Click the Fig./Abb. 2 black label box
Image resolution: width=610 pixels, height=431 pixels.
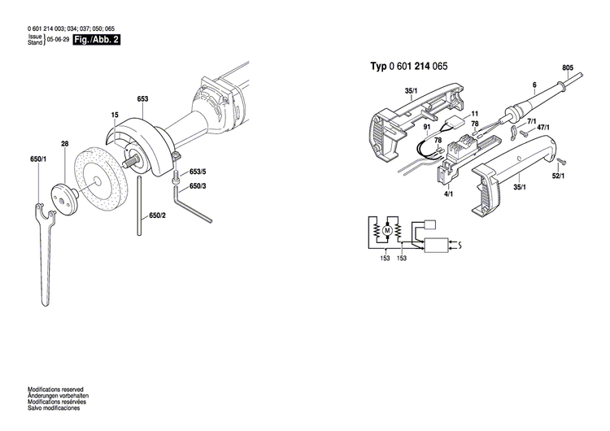(x=96, y=39)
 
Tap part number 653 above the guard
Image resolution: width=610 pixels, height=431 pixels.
(x=142, y=99)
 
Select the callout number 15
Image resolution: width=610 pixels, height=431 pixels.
(x=115, y=115)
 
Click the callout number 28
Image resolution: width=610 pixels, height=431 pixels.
(x=64, y=145)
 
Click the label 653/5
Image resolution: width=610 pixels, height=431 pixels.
(x=198, y=172)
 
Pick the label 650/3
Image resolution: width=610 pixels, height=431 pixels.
(x=198, y=186)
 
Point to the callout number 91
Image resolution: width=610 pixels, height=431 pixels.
(x=426, y=128)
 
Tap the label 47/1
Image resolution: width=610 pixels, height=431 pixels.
(x=542, y=128)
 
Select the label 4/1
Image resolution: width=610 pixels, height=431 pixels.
(x=448, y=194)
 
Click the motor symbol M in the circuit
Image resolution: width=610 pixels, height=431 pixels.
(x=388, y=233)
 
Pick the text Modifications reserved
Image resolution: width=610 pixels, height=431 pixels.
(x=55, y=390)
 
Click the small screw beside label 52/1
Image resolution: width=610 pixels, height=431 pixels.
(x=560, y=162)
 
